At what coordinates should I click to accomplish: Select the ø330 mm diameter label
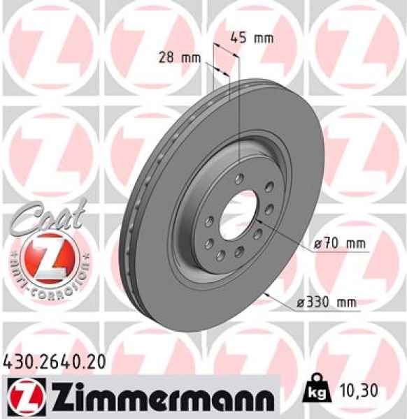pyautogui.click(x=324, y=302)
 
